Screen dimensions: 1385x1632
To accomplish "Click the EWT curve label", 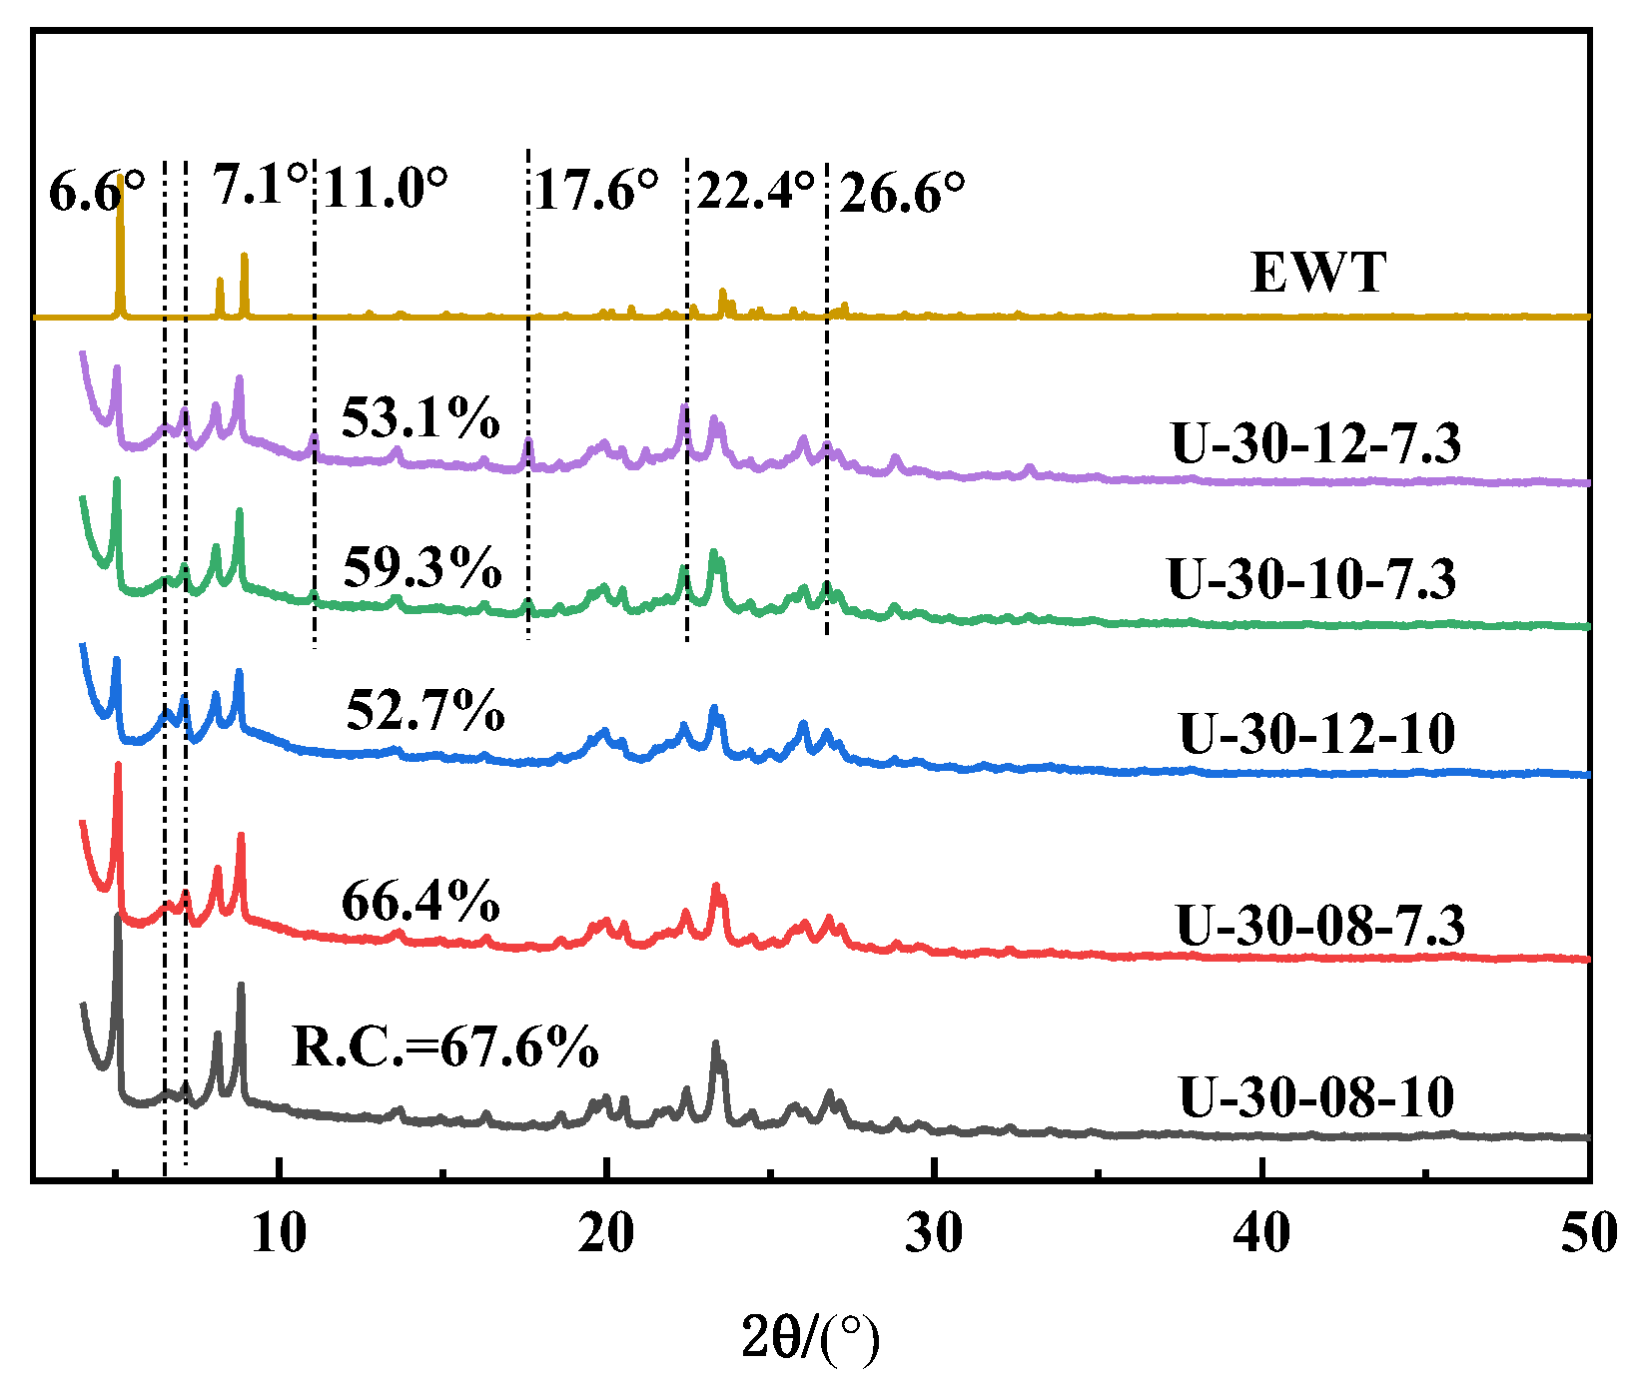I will point(1318,272).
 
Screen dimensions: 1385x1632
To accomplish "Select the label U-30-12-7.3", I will point(1315,442).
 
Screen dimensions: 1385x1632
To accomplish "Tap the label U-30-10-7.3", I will point(1311,579).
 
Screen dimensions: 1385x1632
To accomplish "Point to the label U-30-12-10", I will point(1317,734).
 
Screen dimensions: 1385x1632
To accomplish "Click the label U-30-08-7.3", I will point(1320,925).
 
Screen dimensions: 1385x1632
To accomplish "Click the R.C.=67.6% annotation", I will point(445,1046).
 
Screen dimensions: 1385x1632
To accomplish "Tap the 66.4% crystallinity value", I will point(420,902).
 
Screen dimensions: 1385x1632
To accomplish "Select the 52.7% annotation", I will point(425,711).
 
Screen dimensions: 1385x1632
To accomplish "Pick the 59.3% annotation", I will point(422,568).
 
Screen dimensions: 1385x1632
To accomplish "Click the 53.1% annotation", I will point(420,417).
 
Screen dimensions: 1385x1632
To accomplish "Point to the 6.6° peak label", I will point(96,191).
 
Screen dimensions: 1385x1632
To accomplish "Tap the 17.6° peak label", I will point(596,189).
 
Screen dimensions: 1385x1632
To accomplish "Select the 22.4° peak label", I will point(755,189).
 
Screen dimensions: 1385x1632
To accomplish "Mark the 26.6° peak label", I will point(902,192).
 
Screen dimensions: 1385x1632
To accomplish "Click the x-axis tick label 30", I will point(934,1234).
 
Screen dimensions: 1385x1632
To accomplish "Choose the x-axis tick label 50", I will point(1588,1234).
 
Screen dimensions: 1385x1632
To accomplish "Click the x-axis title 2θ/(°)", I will point(810,1338).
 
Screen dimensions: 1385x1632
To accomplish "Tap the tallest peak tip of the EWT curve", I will point(121,176).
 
